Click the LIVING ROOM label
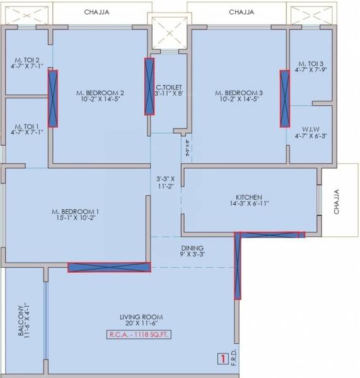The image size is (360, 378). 142,316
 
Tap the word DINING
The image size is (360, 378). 192,248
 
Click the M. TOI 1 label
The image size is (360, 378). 26,125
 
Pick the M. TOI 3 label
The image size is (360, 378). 311,64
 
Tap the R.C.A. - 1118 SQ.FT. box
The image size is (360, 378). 142,335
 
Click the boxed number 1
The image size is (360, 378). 221,360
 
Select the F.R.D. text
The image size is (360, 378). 234,356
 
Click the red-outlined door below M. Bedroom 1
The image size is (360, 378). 109,267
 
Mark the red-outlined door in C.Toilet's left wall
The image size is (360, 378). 149,86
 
